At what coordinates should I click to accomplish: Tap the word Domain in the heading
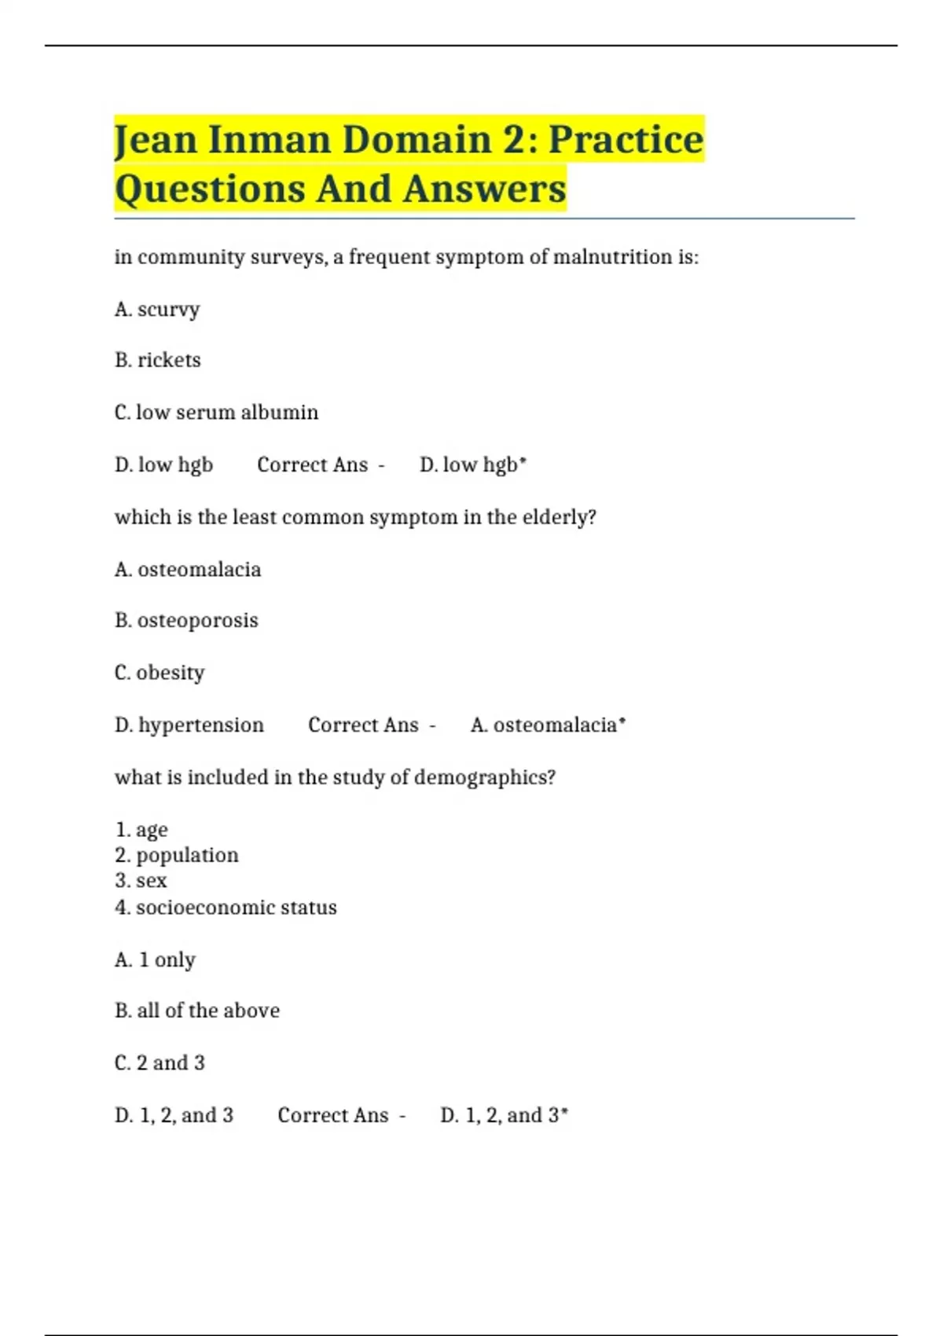pyautogui.click(x=416, y=140)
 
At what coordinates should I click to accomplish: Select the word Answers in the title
pyautogui.click(x=485, y=189)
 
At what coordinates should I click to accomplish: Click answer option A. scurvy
pyautogui.click(x=157, y=310)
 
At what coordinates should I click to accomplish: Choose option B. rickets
pyautogui.click(x=158, y=361)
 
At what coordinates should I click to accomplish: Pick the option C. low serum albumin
pyautogui.click(x=216, y=413)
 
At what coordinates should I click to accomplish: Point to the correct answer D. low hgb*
pyautogui.click(x=473, y=465)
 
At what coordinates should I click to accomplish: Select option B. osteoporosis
pyautogui.click(x=186, y=621)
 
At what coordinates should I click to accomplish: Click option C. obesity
pyautogui.click(x=160, y=673)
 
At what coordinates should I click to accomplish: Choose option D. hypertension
pyautogui.click(x=189, y=725)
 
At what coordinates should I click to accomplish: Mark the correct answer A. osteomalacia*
pyautogui.click(x=549, y=725)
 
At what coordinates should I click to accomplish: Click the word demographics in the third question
pyautogui.click(x=484, y=777)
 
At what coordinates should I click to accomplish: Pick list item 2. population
pyautogui.click(x=177, y=855)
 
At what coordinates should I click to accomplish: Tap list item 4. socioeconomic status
pyautogui.click(x=226, y=908)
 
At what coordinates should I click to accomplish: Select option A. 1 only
pyautogui.click(x=155, y=960)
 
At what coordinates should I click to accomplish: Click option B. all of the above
pyautogui.click(x=197, y=1011)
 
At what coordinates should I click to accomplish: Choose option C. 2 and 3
pyautogui.click(x=160, y=1063)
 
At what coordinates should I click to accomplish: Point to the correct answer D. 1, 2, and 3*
pyautogui.click(x=505, y=1115)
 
